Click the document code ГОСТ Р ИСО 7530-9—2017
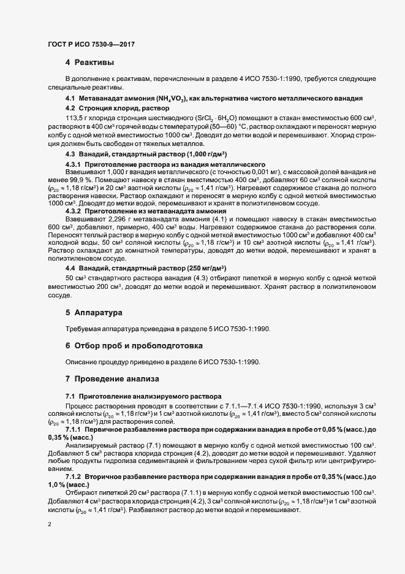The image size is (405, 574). coord(91,44)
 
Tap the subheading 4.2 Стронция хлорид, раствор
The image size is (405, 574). coord(115,108)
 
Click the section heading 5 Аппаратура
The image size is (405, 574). coord(95,312)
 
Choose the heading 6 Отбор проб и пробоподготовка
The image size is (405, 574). coord(134,346)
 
